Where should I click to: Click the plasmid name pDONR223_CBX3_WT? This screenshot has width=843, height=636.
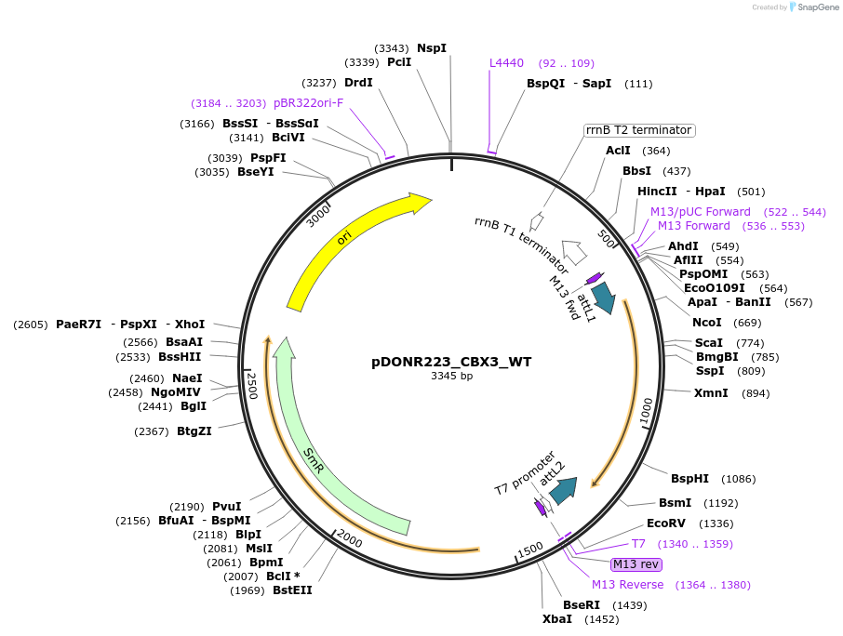[451, 362]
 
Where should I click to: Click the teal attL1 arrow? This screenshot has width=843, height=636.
[603, 297]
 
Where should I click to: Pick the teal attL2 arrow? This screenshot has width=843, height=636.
[563, 489]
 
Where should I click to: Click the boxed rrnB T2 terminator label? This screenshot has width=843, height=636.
[638, 130]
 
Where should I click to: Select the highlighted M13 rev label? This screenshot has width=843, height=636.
[636, 564]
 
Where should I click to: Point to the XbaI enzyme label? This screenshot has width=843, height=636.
[557, 619]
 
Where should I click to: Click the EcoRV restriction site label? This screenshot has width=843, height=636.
[665, 523]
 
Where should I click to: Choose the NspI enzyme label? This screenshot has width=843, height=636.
[432, 47]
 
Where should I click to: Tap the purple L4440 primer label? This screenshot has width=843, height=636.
[507, 63]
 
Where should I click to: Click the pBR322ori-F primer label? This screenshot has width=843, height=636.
[308, 103]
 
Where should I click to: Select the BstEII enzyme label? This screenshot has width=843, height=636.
[292, 590]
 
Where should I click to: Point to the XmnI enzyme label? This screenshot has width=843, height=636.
[711, 393]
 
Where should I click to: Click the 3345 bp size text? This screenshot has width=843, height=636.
[451, 377]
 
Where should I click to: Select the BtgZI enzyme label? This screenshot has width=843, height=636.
[194, 431]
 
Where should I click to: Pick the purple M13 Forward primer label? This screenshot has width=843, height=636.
[694, 226]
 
